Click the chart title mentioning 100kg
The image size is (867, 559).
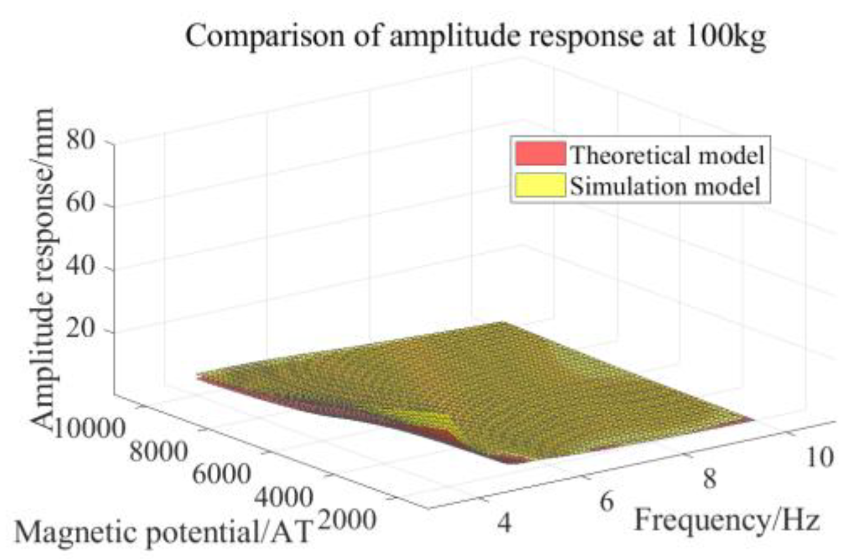[x=476, y=37]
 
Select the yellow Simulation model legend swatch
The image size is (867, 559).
[x=540, y=185]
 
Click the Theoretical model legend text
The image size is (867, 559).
[x=666, y=154]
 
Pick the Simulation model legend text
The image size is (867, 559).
[x=665, y=185]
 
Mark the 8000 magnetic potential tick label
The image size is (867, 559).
[x=158, y=451]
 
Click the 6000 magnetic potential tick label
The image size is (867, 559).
[x=220, y=475]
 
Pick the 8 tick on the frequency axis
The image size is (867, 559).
[x=709, y=479]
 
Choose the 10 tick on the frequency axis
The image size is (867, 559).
[x=819, y=457]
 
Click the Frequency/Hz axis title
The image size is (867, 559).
[x=727, y=520]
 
